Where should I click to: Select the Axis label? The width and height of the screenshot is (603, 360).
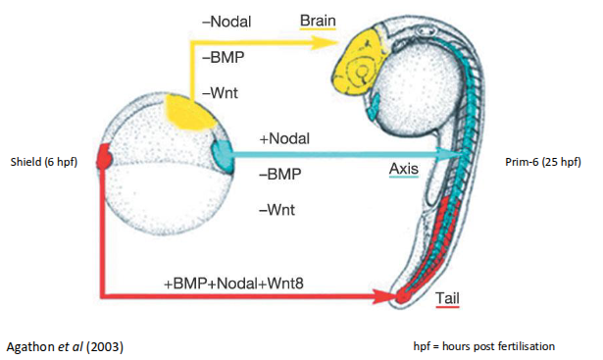(x=404, y=169)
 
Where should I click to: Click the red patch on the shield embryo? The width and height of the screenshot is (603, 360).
(x=103, y=157)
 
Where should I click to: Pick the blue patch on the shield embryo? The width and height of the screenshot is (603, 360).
(x=223, y=153)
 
